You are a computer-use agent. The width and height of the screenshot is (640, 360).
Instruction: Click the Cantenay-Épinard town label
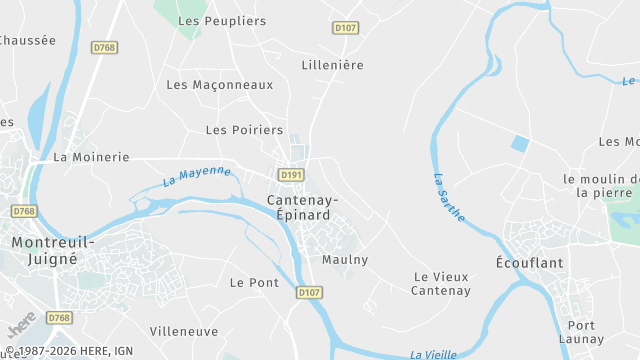303,208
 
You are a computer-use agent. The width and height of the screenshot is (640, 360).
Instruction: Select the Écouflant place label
530,262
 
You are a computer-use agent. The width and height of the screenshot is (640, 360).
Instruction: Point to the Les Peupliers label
222,21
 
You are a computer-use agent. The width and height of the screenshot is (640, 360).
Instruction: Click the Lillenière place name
333,65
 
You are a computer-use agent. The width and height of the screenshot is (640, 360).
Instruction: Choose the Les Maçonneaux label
219,85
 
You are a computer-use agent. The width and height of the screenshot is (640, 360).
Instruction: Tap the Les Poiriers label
244,130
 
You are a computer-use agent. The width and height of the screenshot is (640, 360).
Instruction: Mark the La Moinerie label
91,157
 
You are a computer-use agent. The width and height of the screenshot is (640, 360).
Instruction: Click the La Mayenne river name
197,177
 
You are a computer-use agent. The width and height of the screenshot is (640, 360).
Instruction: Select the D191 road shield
291,175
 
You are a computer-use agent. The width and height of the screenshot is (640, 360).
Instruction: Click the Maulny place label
345,260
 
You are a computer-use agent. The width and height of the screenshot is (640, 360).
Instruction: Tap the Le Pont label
254,283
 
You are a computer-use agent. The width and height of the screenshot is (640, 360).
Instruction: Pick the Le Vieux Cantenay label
441,284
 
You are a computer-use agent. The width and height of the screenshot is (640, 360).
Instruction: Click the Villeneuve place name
184,331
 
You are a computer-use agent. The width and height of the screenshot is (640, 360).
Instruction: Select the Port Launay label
581,332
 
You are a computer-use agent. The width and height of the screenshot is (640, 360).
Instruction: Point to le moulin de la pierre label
600,186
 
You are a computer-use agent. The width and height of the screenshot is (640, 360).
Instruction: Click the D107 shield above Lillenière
346,28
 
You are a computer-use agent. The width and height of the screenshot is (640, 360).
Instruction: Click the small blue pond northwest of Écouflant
520,143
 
